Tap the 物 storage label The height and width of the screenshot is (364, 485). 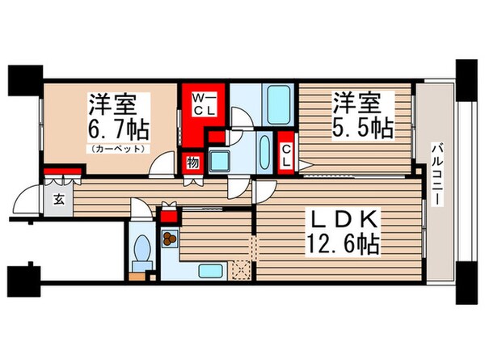192,162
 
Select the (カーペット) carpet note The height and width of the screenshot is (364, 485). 118,149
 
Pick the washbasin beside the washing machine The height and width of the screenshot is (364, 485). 264,150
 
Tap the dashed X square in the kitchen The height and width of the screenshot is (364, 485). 239,269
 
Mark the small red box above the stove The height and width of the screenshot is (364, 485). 169,217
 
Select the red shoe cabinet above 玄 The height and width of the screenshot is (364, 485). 64,171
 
